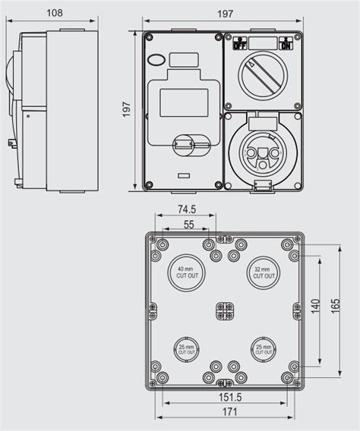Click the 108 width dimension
pos(54,12)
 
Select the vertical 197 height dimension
pos(128,110)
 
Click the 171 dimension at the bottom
pos(230,412)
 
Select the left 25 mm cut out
pos(187,350)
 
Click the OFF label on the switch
pos(239,45)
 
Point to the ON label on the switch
pos(286,45)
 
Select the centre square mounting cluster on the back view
pos(225,311)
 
